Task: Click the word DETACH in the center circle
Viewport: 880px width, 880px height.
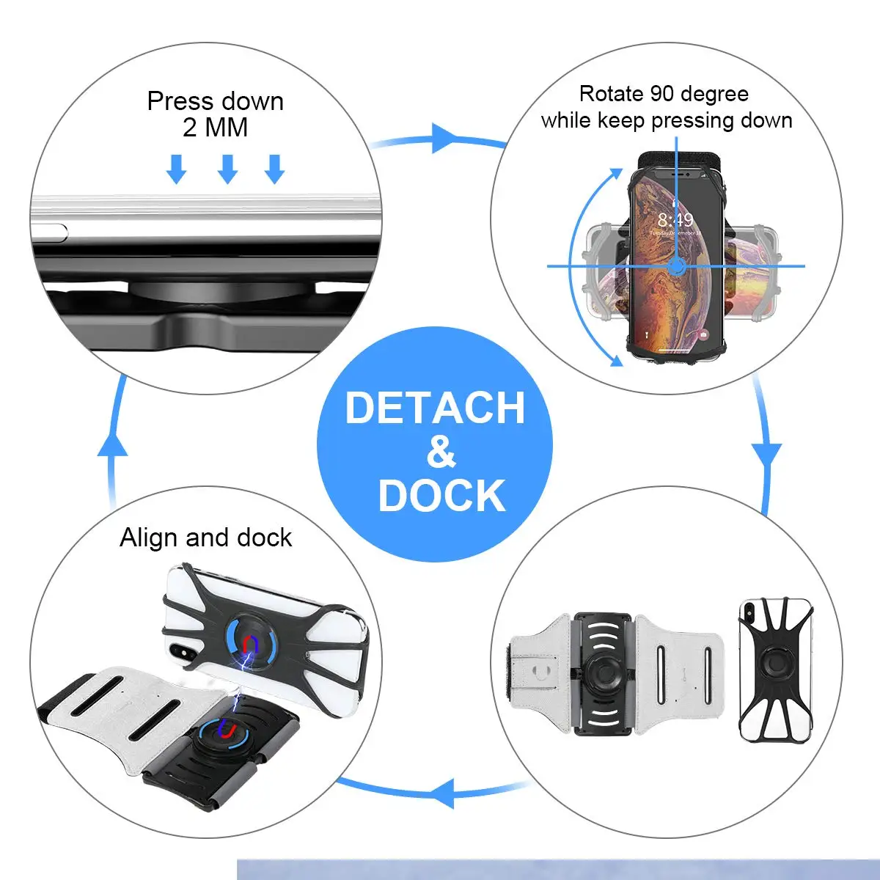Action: click(435, 408)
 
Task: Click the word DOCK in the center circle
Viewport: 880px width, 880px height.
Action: click(441, 496)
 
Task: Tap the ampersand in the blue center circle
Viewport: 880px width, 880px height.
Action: click(441, 452)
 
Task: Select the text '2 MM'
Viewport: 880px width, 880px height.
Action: click(215, 128)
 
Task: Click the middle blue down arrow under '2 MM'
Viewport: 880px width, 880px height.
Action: click(227, 169)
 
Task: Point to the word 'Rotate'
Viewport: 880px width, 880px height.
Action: click(611, 94)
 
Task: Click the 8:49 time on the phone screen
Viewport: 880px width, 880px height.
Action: click(675, 220)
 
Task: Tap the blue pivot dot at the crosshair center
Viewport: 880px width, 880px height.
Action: click(676, 266)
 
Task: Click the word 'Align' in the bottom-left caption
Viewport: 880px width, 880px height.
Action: click(150, 538)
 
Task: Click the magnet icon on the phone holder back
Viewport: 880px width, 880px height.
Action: click(252, 642)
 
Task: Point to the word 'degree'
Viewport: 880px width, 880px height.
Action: click(711, 94)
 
